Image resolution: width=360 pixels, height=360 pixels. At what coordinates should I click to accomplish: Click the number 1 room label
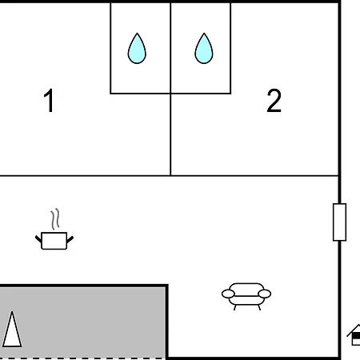[50, 101]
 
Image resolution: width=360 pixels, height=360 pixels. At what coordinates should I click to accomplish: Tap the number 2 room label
[274, 101]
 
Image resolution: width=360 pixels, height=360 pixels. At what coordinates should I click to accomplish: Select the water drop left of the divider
[137, 49]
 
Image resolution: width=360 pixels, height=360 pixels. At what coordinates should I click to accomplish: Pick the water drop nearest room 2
[204, 49]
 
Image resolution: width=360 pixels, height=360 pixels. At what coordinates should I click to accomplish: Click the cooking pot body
[54, 241]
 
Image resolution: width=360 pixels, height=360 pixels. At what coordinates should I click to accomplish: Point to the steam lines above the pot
[55, 219]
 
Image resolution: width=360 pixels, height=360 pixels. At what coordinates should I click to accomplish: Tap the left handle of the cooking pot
[38, 239]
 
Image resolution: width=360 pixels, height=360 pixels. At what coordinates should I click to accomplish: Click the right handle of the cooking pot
[70, 239]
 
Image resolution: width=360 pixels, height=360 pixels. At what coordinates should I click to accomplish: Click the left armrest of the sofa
[228, 294]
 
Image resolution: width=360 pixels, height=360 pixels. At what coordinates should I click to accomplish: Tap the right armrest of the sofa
[265, 294]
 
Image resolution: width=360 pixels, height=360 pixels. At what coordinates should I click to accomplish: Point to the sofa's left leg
[235, 307]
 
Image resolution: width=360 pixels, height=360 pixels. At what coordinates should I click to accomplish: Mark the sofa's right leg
[259, 307]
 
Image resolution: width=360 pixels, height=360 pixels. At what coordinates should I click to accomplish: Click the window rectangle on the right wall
[339, 222]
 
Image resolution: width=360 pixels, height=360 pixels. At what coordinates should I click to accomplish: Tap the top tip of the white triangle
[12, 311]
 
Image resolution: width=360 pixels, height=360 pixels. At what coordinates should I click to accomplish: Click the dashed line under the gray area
[82, 358]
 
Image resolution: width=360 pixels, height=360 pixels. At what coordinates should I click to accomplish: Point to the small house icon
[354, 335]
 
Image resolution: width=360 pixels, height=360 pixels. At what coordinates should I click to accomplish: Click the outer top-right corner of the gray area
[168, 285]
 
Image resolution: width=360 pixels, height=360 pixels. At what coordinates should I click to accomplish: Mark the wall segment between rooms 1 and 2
[170, 134]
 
